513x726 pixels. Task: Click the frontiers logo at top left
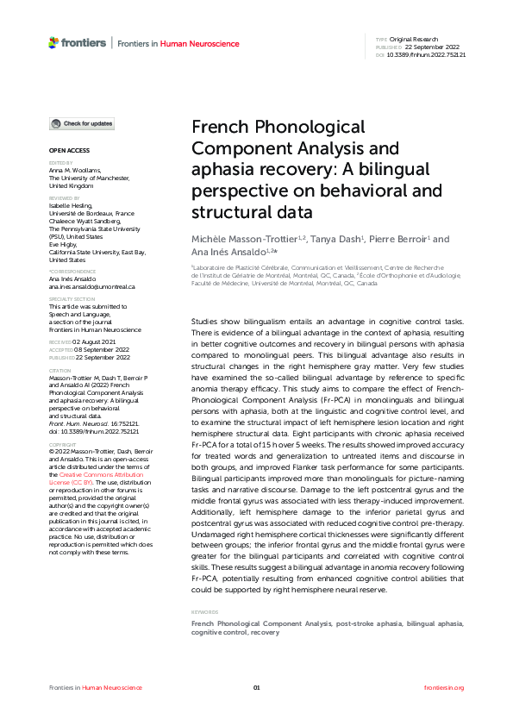tap(78, 42)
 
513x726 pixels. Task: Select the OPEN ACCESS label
tap(65, 152)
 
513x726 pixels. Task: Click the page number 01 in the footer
tap(256, 687)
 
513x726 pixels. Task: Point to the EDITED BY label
tap(61, 162)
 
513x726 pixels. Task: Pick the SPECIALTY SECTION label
tap(70, 299)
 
